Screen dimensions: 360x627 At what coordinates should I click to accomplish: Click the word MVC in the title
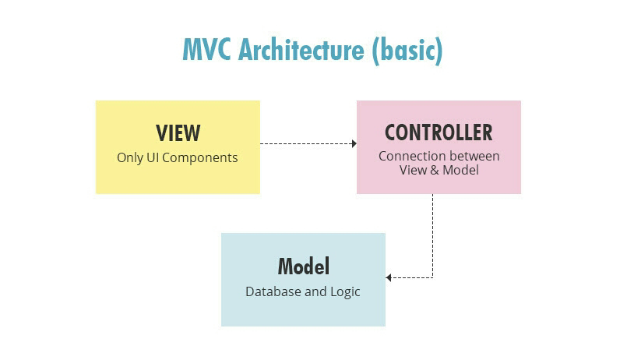point(207,49)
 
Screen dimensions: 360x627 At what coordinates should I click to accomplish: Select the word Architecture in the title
point(301,49)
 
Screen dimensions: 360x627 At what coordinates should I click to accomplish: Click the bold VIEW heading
point(178,132)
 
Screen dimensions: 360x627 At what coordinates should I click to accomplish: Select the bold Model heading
point(304,266)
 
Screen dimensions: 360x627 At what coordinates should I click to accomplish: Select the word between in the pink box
point(474,156)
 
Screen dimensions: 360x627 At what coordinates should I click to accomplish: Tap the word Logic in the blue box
point(345,292)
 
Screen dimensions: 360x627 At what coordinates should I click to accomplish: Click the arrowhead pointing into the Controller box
point(354,143)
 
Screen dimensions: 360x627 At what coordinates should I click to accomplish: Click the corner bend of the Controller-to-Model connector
point(432,277)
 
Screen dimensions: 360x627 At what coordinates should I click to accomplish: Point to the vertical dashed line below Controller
point(432,234)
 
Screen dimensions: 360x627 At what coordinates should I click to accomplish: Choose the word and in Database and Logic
point(315,292)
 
